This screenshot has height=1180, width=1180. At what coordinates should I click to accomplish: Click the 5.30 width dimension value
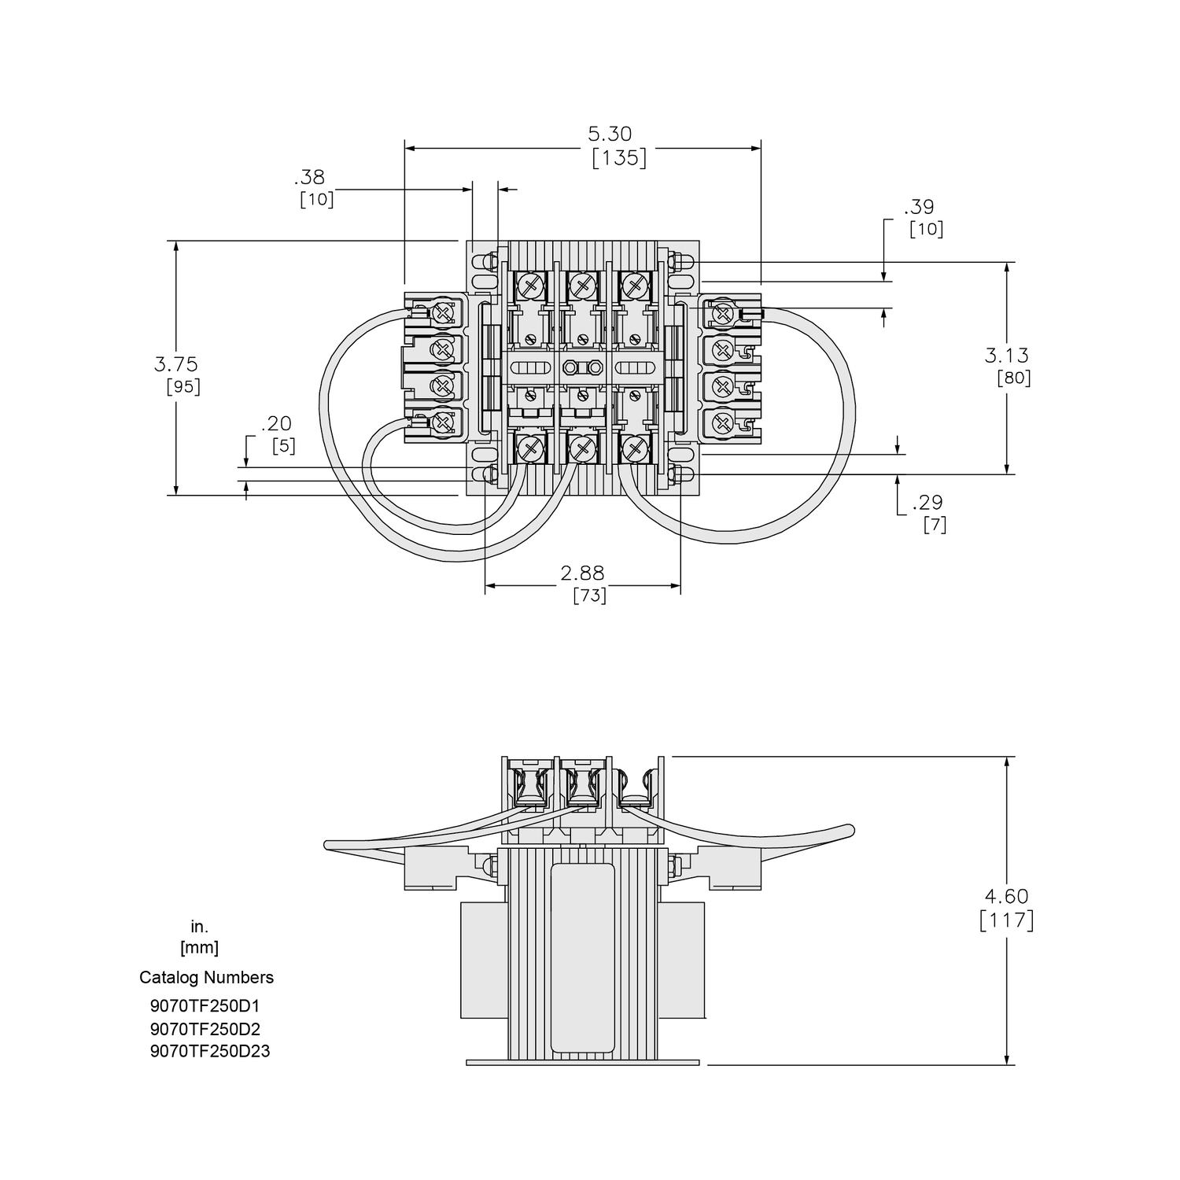[x=610, y=135]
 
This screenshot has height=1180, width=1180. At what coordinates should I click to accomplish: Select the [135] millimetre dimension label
[x=619, y=158]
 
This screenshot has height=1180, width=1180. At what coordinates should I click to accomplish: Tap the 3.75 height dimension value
[x=176, y=364]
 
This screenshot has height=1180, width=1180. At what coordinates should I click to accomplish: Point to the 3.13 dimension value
[x=1007, y=356]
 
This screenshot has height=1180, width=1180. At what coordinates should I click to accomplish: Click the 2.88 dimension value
[x=582, y=573]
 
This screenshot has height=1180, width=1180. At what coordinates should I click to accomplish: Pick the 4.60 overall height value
[x=1007, y=896]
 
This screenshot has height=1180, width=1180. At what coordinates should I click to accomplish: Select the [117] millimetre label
[x=1007, y=920]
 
